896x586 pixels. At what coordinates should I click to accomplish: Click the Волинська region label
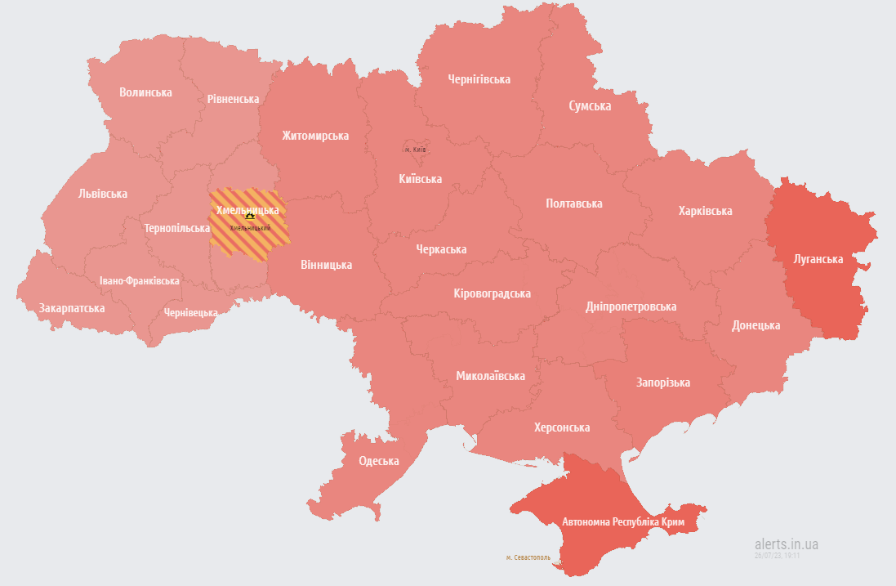click(145, 92)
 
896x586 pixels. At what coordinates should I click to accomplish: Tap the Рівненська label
click(233, 99)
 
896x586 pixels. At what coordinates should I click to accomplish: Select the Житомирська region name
click(315, 136)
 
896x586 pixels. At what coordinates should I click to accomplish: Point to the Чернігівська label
click(479, 79)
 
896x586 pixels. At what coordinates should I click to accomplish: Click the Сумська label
click(590, 106)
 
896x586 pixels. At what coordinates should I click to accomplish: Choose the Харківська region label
click(705, 211)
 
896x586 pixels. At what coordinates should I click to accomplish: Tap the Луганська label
click(818, 259)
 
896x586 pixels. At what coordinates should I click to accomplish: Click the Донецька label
click(756, 325)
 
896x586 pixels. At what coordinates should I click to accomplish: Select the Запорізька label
click(663, 382)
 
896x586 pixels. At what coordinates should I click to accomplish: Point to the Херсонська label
click(562, 427)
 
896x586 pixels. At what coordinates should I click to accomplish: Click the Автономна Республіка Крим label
click(622, 521)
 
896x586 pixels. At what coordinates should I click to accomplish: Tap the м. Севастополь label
click(528, 557)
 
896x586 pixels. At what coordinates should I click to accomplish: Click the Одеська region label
click(379, 461)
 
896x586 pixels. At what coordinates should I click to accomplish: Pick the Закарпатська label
click(72, 308)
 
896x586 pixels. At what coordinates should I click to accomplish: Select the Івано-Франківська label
click(140, 280)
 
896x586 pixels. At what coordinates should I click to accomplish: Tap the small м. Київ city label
click(415, 150)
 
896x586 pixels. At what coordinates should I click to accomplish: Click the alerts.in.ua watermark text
click(787, 544)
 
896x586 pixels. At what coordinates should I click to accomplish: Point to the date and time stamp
click(777, 555)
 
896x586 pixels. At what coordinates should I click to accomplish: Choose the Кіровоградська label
click(492, 293)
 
